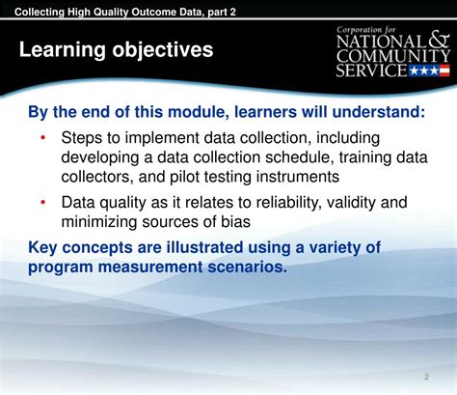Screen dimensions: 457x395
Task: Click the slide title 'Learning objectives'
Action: click(116, 50)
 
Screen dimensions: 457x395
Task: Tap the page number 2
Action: click(426, 377)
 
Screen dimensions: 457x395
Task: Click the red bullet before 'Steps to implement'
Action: click(42, 138)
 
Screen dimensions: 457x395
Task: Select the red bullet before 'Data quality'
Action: click(42, 203)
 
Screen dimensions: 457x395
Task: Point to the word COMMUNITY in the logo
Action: click(393, 56)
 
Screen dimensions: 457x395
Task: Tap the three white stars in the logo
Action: click(424, 71)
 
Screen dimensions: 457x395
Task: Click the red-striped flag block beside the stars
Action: click(444, 71)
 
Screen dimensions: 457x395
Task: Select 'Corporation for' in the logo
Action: click(366, 30)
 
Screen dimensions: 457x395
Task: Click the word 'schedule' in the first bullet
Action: click(298, 157)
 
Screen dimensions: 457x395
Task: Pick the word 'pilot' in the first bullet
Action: click(183, 177)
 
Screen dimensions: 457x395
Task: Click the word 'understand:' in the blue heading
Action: click(379, 112)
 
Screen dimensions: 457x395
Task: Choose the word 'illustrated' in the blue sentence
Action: click(204, 247)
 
